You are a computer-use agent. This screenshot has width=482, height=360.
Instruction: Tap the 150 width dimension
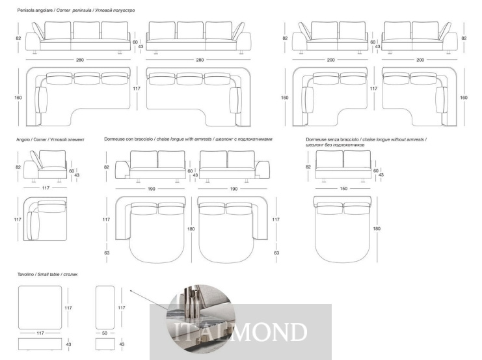(343, 188)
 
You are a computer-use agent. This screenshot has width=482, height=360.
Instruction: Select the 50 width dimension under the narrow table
(105, 333)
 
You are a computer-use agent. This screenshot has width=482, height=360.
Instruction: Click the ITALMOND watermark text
(241, 332)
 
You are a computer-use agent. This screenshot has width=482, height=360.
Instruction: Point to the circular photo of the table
(201, 319)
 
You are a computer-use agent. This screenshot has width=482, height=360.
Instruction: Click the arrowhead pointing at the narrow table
(131, 291)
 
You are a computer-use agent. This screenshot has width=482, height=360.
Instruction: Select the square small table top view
(40, 307)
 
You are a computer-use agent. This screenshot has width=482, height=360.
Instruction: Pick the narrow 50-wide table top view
(105, 307)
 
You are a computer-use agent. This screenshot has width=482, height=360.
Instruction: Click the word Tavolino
(25, 274)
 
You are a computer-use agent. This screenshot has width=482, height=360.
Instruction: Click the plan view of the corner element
(45, 219)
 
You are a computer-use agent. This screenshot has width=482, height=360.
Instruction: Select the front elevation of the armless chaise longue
(343, 166)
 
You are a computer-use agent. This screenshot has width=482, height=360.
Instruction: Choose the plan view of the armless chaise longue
(343, 229)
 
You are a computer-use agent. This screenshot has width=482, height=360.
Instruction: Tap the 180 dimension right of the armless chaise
(377, 228)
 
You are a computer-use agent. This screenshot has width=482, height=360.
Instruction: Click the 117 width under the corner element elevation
(46, 187)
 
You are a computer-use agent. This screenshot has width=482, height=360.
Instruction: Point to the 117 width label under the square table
(40, 333)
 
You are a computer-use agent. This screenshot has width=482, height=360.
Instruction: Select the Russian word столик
(70, 274)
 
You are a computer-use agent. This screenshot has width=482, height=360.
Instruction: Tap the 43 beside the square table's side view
(68, 344)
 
